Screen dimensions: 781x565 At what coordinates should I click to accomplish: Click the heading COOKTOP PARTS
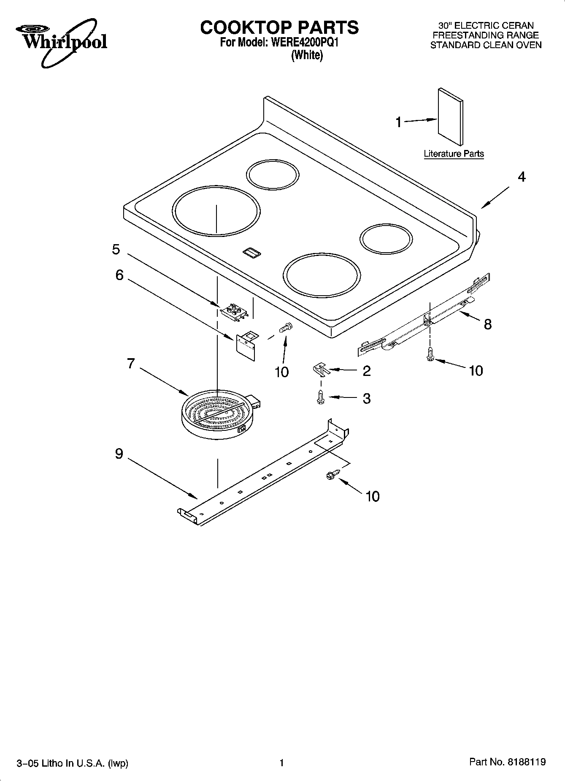279,27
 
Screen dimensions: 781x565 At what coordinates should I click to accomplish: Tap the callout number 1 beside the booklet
398,122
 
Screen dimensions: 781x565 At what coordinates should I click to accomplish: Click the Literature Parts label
454,154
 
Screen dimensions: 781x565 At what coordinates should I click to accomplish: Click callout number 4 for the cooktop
522,177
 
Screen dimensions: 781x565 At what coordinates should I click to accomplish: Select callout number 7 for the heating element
131,363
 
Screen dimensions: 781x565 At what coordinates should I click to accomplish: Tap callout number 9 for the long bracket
119,454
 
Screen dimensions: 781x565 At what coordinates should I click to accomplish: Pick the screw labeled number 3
321,397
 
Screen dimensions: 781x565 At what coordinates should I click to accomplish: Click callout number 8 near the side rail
487,324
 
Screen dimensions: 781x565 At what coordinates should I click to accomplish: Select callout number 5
116,249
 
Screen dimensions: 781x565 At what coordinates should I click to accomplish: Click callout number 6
119,275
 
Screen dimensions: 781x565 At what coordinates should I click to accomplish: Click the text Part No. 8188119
508,762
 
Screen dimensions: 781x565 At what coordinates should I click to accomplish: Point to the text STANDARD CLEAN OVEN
486,45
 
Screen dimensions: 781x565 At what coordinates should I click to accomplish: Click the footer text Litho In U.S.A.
72,763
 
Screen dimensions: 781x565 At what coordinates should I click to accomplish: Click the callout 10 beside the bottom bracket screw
373,496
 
